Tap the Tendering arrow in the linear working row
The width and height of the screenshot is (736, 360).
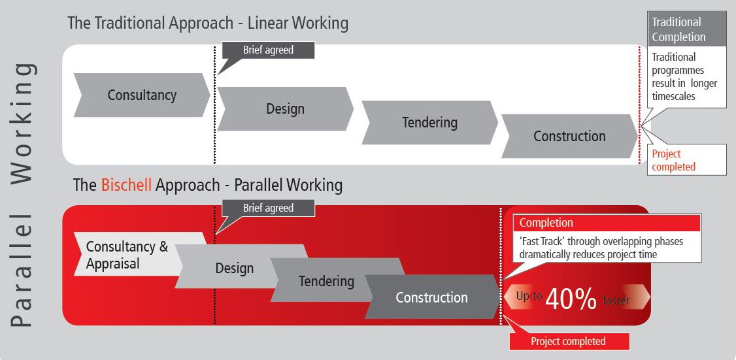[429, 122]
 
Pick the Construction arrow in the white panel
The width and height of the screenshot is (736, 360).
[569, 136]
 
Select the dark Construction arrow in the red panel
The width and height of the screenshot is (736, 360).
[432, 297]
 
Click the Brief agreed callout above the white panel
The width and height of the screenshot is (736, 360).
[268, 50]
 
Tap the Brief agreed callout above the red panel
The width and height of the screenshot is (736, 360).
[268, 208]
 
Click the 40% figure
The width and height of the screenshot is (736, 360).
[571, 299]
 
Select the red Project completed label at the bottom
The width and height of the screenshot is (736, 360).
[569, 341]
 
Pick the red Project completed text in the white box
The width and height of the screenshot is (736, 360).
[673, 160]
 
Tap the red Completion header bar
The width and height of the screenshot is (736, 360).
[607, 223]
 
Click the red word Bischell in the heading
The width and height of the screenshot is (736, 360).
[126, 186]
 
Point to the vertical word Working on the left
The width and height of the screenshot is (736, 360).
[23, 123]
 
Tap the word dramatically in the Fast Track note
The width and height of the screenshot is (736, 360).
[548, 254]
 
